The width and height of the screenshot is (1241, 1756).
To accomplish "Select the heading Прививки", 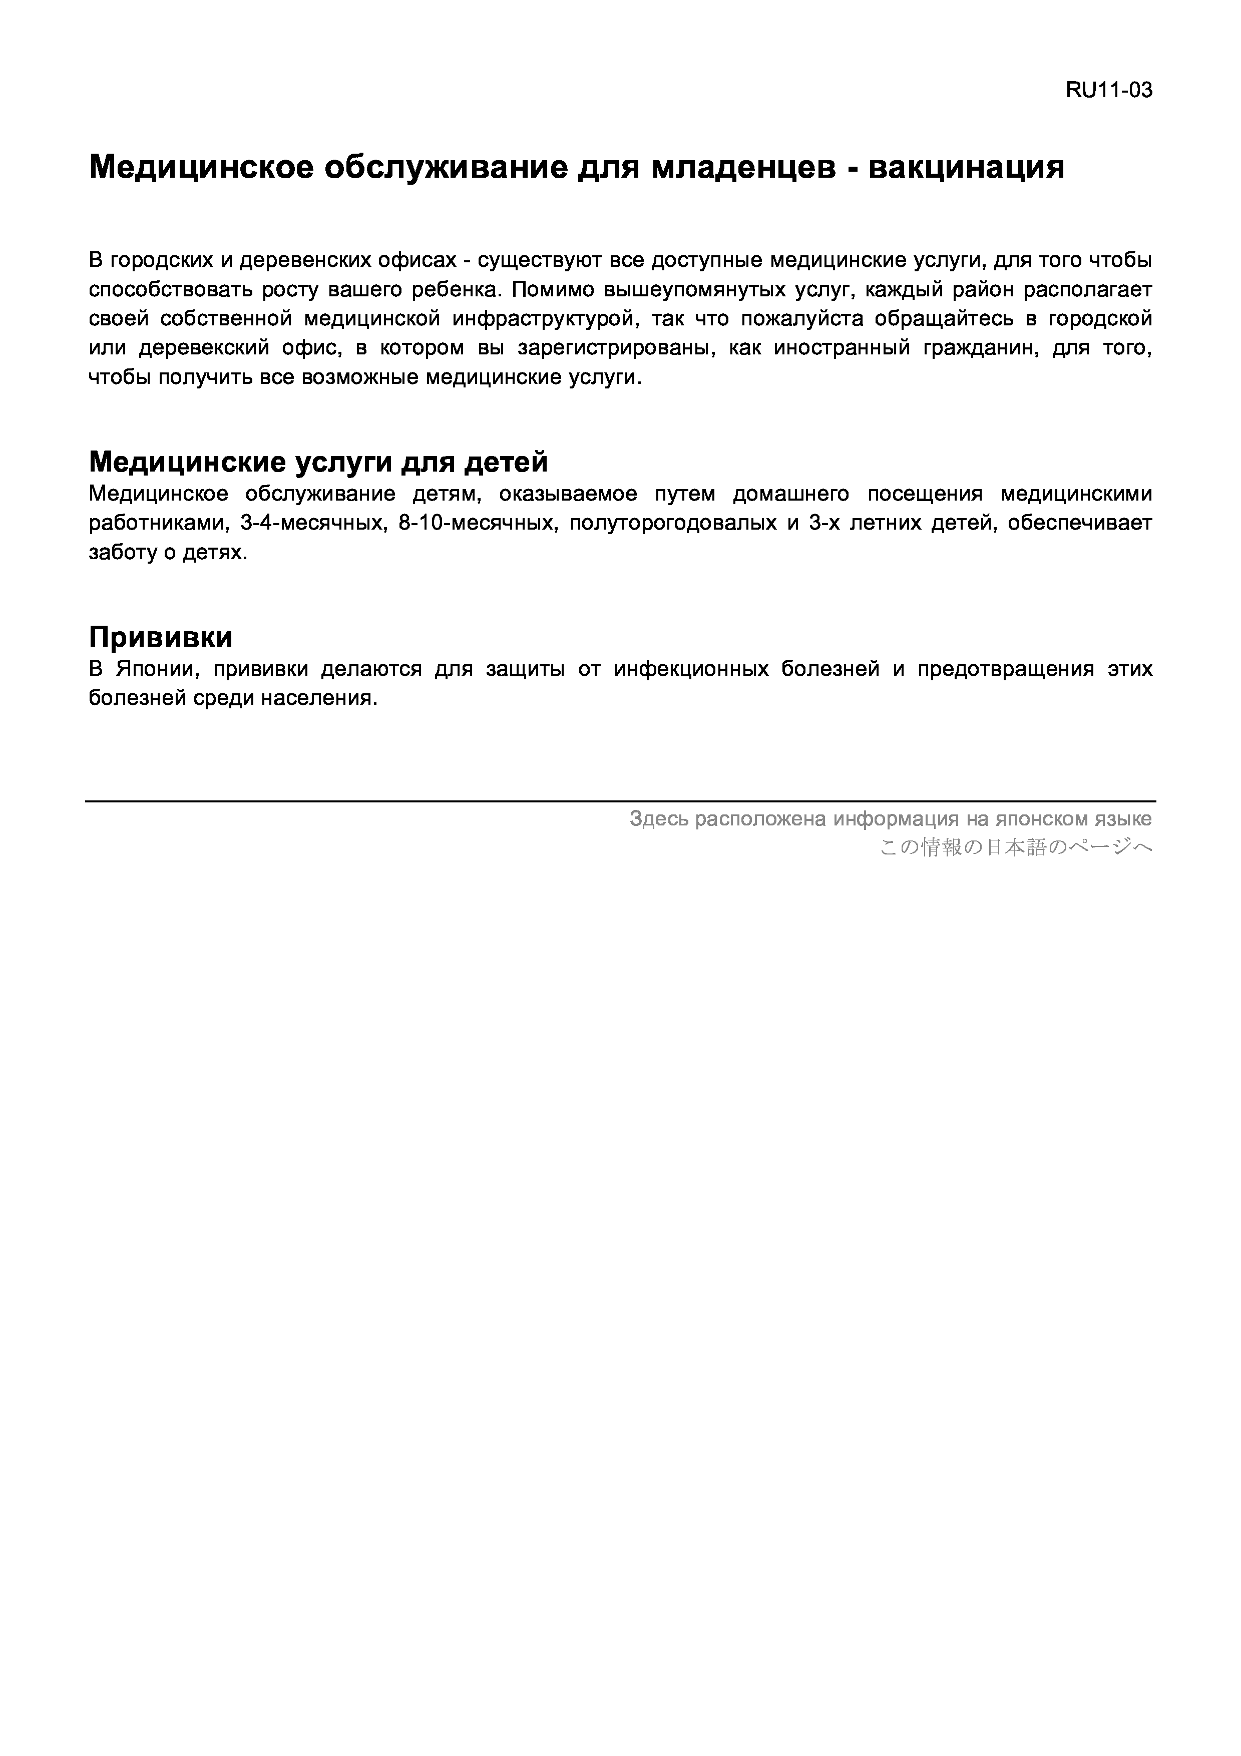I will point(161,637).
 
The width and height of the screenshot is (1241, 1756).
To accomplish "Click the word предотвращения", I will point(1005,669).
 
